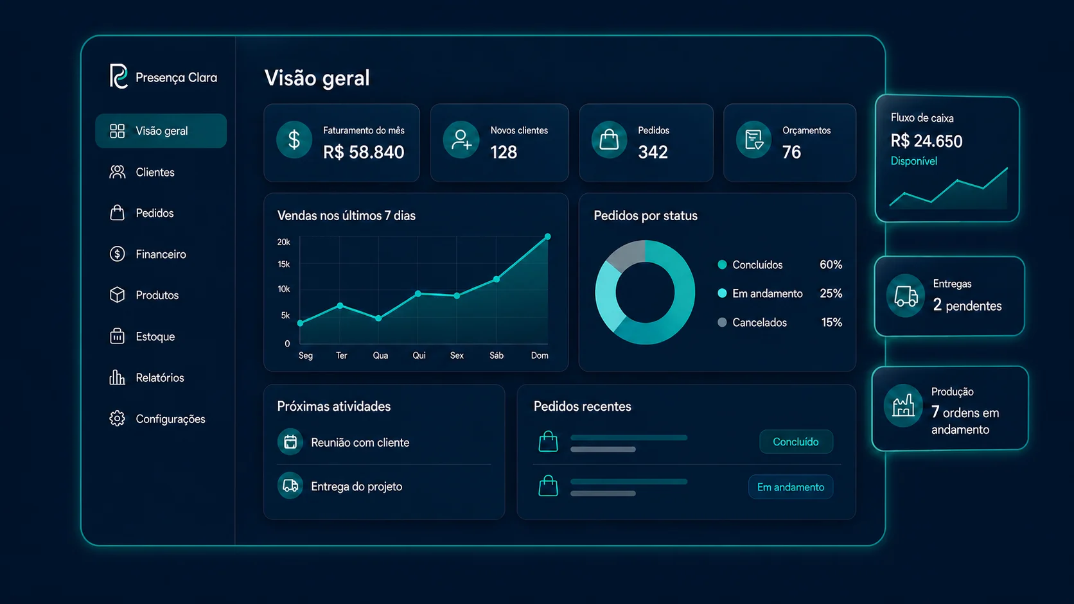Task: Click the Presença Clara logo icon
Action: pos(118,76)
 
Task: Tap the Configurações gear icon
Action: pos(117,418)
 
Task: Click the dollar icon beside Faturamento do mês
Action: pos(294,140)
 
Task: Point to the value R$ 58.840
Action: pos(364,152)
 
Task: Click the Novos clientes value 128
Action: pos(504,152)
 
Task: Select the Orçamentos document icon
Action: pos(753,140)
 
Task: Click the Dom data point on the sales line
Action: pos(547,237)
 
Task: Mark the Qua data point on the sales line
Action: pos(379,318)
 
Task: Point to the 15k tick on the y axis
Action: pos(284,264)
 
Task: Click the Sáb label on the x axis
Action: pos(497,356)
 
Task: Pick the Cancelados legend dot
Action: pos(722,322)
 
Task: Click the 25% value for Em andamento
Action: pos(831,293)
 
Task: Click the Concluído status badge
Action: pos(796,442)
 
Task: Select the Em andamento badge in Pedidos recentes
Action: pos(791,487)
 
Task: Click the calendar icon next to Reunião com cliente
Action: pos(290,442)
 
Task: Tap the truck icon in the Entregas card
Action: pos(905,296)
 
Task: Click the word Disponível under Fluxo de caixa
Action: pos(914,161)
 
